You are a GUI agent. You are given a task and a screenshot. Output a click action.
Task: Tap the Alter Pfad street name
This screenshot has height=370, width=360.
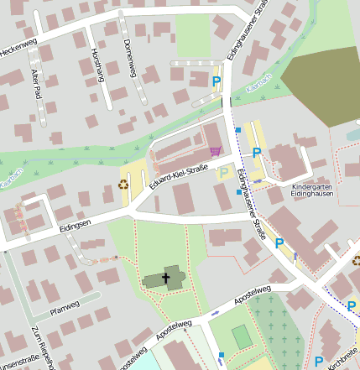click(36, 85)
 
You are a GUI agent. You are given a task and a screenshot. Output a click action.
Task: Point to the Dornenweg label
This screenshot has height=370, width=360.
click(128, 58)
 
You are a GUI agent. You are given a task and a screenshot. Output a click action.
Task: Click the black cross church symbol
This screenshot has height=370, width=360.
click(166, 277)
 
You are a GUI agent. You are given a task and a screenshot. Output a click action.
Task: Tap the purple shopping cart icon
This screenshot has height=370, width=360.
click(216, 151)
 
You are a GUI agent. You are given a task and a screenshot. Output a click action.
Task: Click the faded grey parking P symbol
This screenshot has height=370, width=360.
click(223, 174)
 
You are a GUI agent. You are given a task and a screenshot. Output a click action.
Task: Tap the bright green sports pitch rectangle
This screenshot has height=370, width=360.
click(242, 336)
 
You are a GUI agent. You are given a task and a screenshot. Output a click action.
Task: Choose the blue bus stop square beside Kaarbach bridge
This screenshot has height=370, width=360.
click(237, 130)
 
